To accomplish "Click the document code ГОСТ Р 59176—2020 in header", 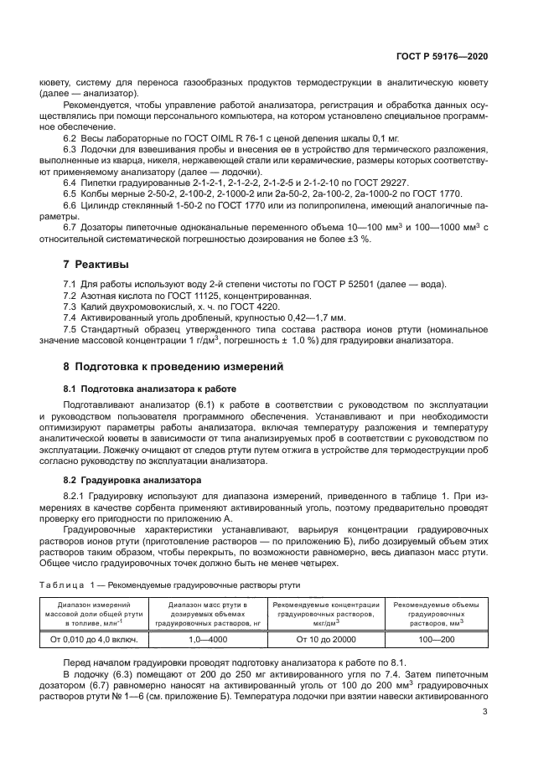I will tap(442, 56).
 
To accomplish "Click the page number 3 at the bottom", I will tap(485, 712).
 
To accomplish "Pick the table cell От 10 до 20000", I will tap(325, 639).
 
